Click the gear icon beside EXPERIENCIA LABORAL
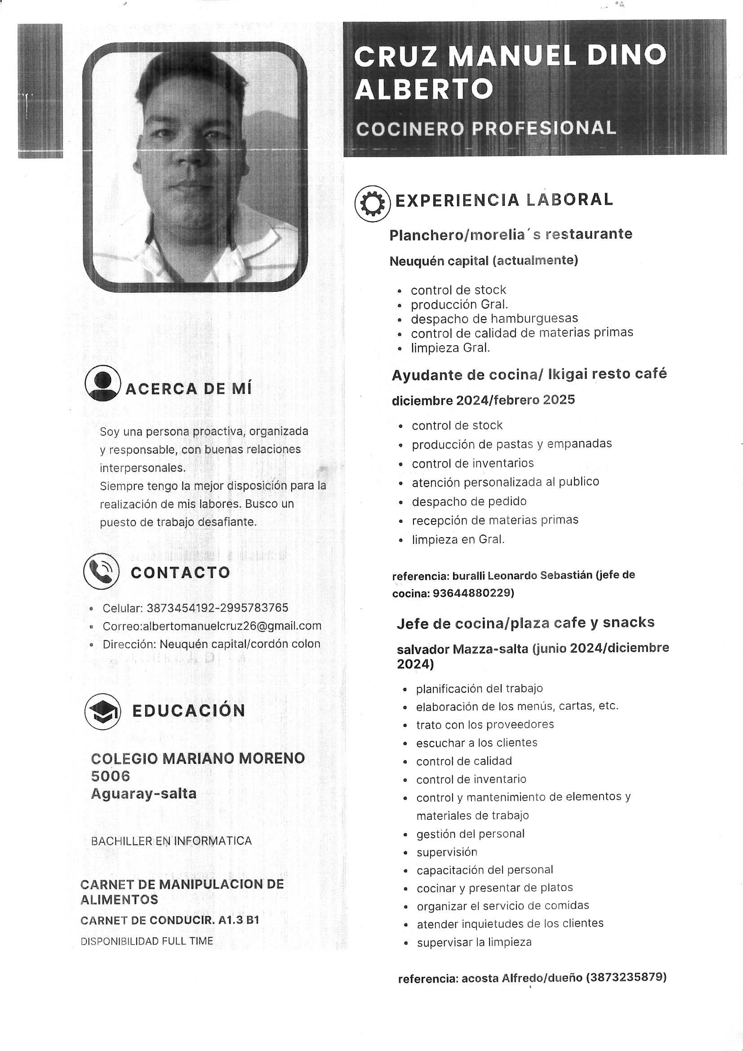click(372, 204)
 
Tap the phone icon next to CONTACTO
click(101, 571)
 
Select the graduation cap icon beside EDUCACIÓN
click(102, 710)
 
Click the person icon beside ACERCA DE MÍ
click(102, 383)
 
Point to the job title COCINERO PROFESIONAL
click(486, 129)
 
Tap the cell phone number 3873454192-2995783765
click(218, 608)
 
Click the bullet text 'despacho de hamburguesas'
click(494, 318)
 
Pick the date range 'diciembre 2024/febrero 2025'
click(483, 400)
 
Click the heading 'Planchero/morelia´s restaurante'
click(511, 235)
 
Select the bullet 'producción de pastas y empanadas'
click(512, 444)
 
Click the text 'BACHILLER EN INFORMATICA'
click(171, 841)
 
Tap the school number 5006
click(110, 776)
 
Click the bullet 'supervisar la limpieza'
click(474, 942)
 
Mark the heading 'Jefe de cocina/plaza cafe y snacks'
click(525, 623)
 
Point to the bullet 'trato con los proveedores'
click(485, 724)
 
